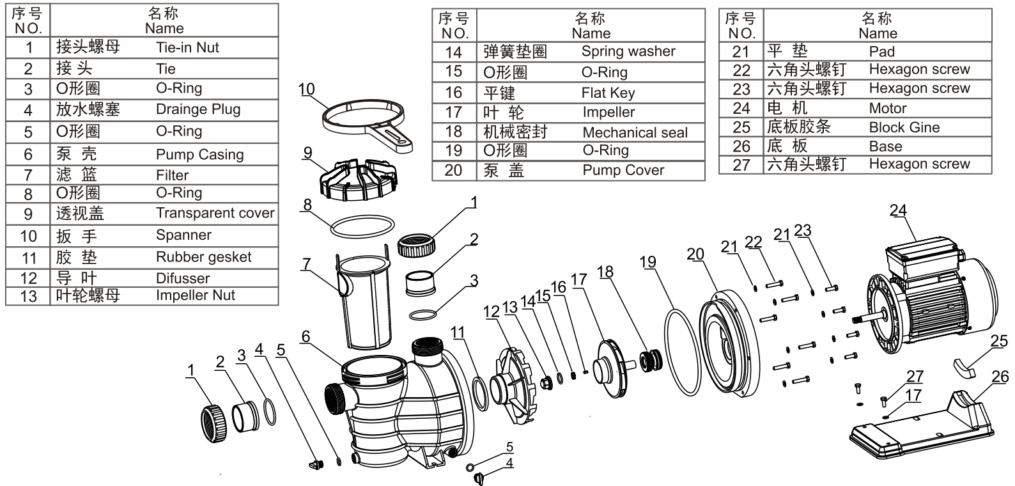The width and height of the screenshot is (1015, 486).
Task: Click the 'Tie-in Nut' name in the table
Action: coord(187,47)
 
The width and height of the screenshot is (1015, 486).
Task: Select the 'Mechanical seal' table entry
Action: coord(635,132)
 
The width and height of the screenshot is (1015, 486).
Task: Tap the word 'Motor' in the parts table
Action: coord(887,108)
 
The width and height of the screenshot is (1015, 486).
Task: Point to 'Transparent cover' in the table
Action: coord(215,212)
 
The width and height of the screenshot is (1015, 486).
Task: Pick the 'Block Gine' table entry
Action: coord(904,127)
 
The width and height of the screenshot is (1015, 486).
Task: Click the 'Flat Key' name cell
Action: coord(608,93)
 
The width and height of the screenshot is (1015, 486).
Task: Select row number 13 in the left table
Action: coord(28,296)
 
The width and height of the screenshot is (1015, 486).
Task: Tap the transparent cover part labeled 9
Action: coord(358,180)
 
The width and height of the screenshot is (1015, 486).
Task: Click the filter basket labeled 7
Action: coord(365,301)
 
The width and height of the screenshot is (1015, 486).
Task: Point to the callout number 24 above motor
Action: coord(897,210)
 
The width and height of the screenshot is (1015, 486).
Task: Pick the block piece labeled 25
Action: coord(964,368)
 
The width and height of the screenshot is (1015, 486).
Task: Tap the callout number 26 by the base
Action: coord(1000,376)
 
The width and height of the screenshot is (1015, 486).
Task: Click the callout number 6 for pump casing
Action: coord(306,336)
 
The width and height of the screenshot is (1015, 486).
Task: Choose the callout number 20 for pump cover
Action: coord(695,254)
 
